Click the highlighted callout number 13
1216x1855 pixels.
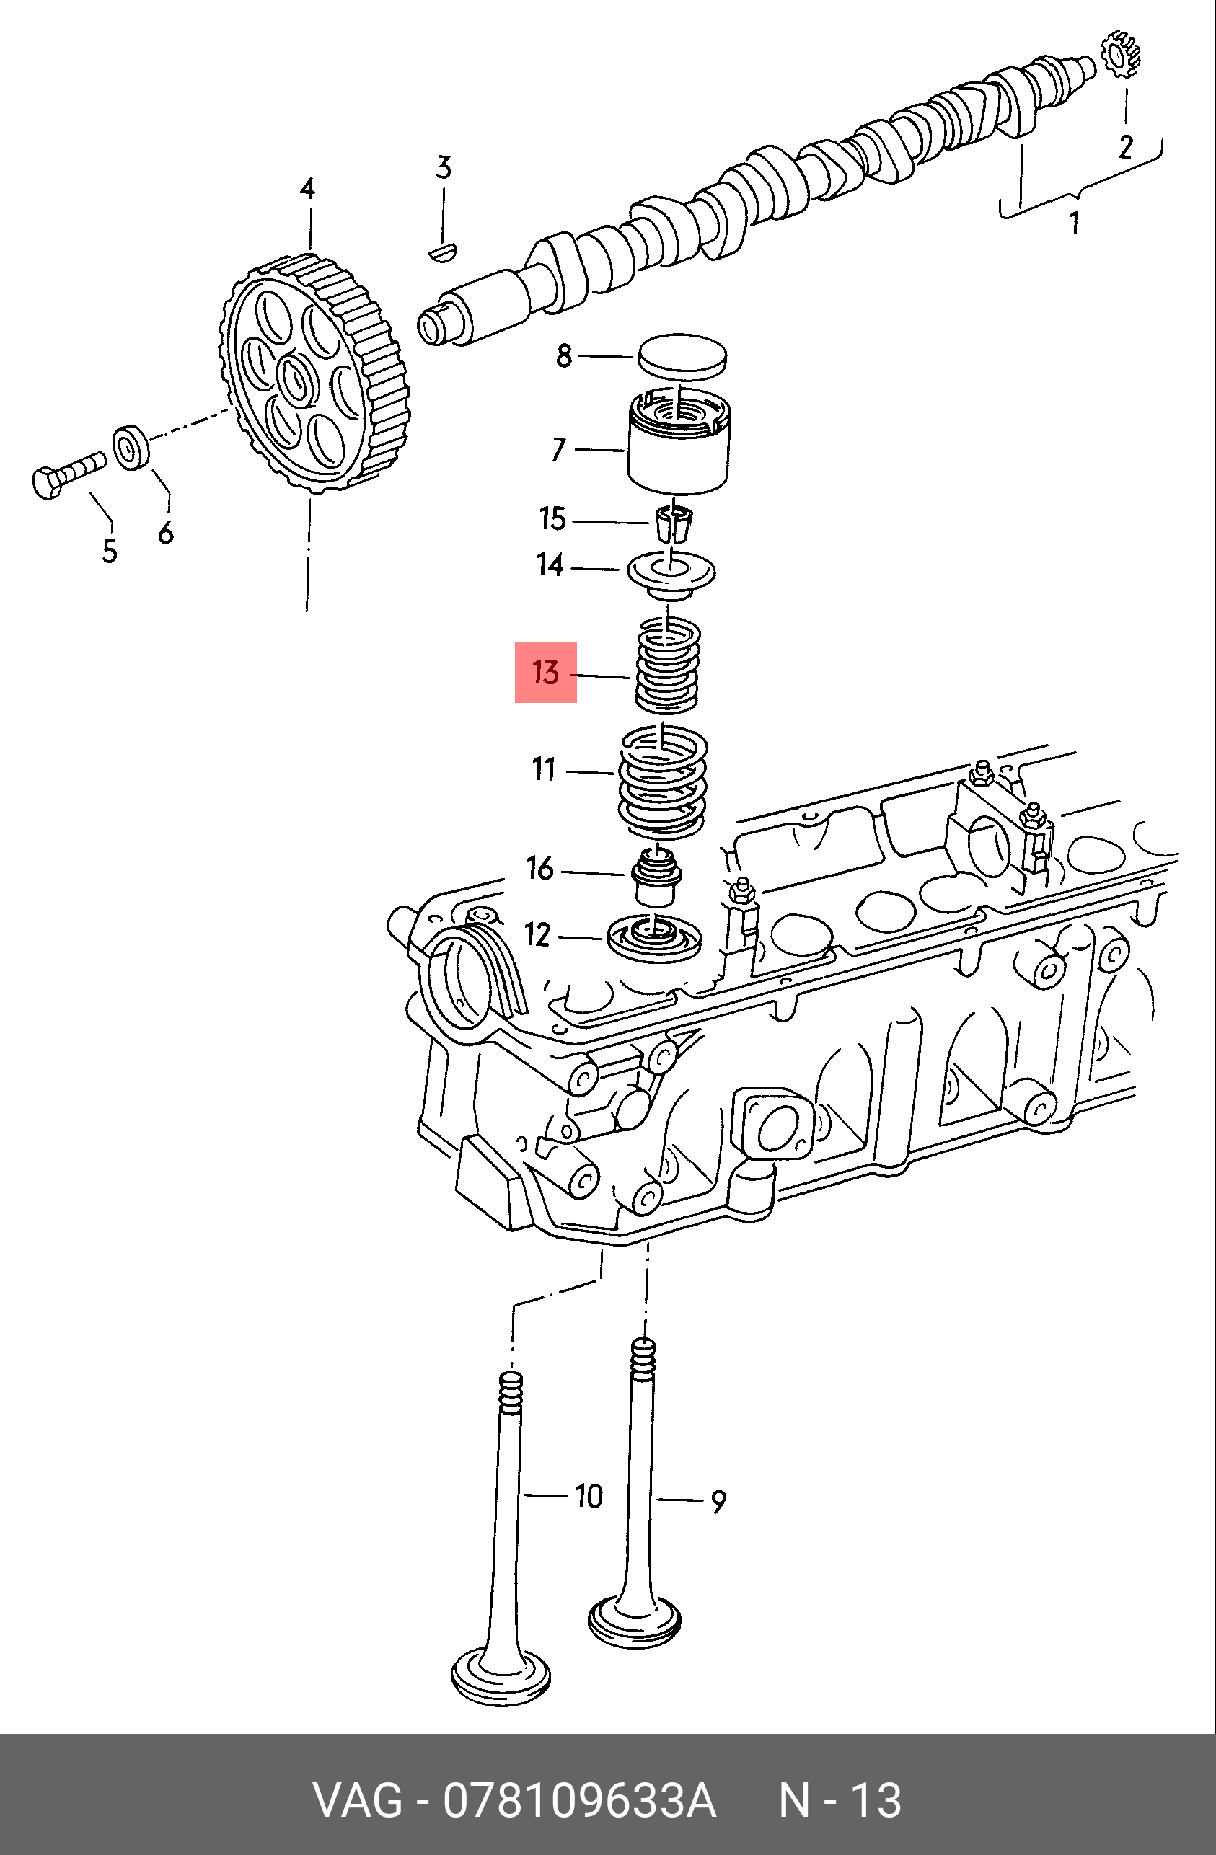tap(546, 672)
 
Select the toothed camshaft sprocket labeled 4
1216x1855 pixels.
tap(312, 374)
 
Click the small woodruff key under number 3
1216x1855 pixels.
tap(445, 251)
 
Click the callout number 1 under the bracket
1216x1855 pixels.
tap(1075, 223)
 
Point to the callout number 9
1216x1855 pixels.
tap(718, 1501)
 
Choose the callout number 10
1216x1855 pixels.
tap(589, 1496)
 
